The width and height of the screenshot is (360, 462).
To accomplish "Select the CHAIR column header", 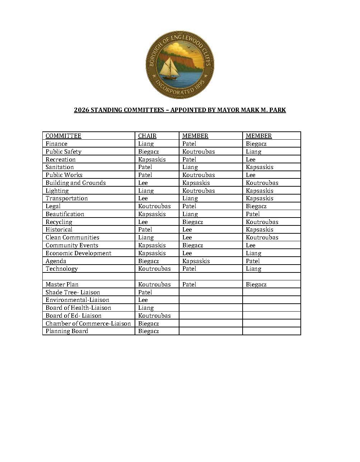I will tap(147, 136).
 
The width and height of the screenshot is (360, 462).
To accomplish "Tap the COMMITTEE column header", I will tap(63, 136).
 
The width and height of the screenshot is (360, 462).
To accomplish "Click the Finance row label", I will tap(56, 144).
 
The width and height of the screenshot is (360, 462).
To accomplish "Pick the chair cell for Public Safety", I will tap(148, 151).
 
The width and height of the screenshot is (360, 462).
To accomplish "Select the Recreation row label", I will tap(60, 159).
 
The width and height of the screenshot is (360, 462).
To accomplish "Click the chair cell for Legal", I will tap(154, 206).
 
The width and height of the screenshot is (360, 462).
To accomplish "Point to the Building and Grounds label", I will tap(75, 183).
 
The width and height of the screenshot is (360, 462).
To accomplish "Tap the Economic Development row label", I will tap(78, 253).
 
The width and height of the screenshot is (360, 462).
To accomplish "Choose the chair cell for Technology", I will tap(154, 269).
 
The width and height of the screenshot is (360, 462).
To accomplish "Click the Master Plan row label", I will tap(62, 284).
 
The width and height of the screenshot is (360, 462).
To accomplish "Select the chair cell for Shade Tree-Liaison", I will tap(145, 292).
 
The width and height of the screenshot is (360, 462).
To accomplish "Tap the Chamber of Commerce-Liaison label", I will tap(88, 323).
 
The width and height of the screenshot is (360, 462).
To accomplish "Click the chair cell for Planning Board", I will tap(148, 331).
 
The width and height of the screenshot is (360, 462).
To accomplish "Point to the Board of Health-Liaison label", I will tap(78, 308).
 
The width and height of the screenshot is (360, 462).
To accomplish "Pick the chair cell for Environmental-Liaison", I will tap(143, 300).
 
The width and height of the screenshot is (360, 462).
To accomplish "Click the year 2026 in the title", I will tap(81, 110).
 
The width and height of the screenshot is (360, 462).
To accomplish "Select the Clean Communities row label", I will tap(72, 237).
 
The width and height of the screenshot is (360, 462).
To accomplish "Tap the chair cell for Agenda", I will tap(148, 261).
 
